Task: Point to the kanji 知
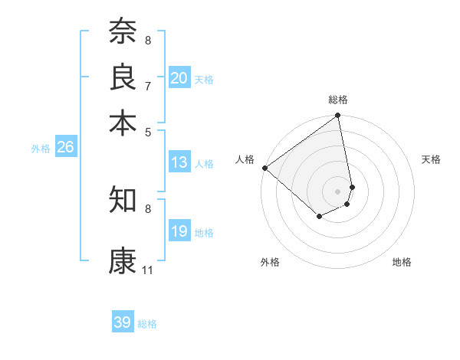[123, 199]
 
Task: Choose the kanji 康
[123, 260]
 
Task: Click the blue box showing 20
[179, 78]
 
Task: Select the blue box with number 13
[179, 162]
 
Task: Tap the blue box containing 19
[179, 232]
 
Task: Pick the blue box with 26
[65, 148]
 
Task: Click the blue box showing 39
[122, 323]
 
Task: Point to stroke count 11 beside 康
[147, 270]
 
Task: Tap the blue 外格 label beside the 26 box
[41, 149]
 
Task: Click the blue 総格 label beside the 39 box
[147, 324]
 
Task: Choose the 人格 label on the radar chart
[245, 159]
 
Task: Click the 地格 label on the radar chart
[402, 262]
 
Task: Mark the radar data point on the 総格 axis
[338, 116]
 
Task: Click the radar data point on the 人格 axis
[264, 168]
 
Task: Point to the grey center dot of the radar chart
[338, 191]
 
